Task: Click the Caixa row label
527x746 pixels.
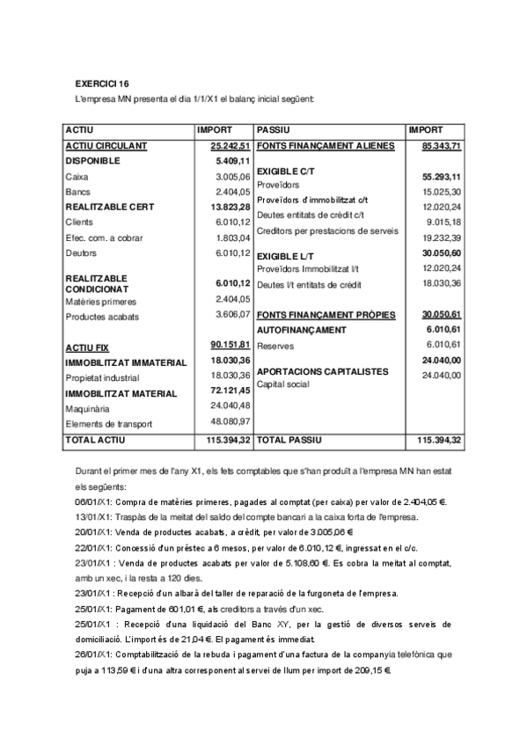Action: click(77, 177)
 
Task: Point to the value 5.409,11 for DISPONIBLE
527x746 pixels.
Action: click(233, 161)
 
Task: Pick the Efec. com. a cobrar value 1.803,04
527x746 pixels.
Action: click(234, 238)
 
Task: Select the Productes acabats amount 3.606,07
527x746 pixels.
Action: click(234, 316)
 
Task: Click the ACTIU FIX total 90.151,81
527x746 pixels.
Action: click(231, 346)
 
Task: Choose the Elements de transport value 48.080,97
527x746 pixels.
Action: click(231, 423)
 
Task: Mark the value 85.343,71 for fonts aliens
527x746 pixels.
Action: click(442, 145)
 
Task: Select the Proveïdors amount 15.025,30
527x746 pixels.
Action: click(443, 191)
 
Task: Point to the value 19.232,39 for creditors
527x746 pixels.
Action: click(443, 238)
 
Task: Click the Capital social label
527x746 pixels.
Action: click(285, 384)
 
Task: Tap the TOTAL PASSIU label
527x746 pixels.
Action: click(289, 438)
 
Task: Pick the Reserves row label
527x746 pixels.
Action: click(274, 346)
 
